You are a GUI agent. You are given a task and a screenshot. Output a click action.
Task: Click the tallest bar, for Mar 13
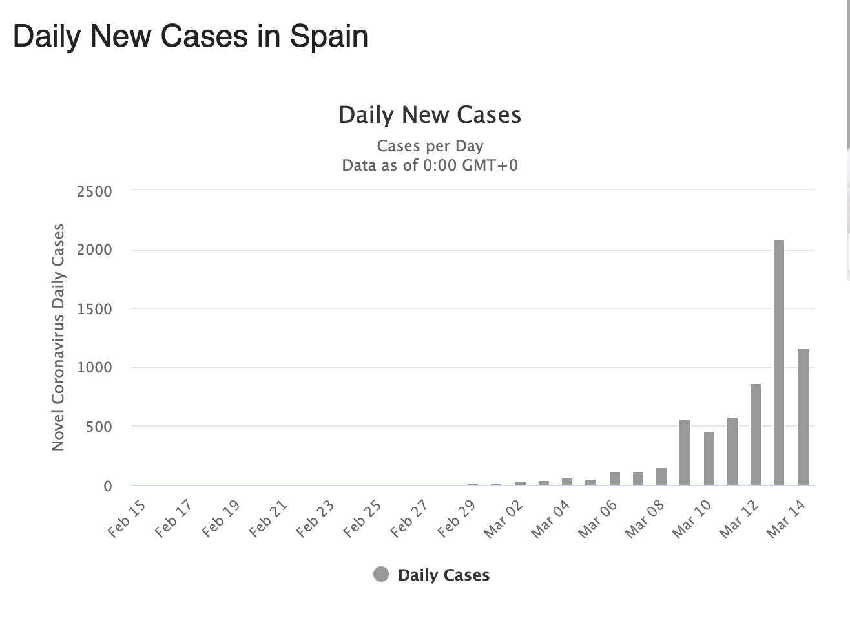779,362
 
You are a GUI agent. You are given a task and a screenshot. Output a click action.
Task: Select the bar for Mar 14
803,417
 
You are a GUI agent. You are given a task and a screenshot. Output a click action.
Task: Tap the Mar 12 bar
756,434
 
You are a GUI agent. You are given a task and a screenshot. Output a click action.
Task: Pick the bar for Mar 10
709,458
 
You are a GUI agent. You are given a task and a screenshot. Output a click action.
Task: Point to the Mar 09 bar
685,453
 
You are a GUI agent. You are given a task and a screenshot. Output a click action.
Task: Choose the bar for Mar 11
732,451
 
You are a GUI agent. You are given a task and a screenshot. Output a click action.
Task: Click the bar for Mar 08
661,477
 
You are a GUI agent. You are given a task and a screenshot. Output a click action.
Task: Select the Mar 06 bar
614,479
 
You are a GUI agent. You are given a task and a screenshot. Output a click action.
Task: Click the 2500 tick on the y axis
94,191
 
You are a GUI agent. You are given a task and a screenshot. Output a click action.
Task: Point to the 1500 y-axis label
94,309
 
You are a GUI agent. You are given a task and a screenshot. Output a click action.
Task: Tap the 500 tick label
99,427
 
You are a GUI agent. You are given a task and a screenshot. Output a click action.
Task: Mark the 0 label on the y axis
107,486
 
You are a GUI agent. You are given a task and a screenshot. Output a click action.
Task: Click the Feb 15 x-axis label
127,519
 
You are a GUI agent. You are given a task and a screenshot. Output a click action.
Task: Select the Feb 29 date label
457,519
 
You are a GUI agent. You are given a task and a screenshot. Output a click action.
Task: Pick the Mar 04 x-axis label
551,519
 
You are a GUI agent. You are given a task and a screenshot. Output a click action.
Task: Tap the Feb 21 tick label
268,519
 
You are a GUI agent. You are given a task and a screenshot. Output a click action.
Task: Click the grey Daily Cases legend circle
381,574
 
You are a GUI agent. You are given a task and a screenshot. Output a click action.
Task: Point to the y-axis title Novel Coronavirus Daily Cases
58,337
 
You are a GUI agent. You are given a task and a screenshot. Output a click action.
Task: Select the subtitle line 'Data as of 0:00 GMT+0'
430,165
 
